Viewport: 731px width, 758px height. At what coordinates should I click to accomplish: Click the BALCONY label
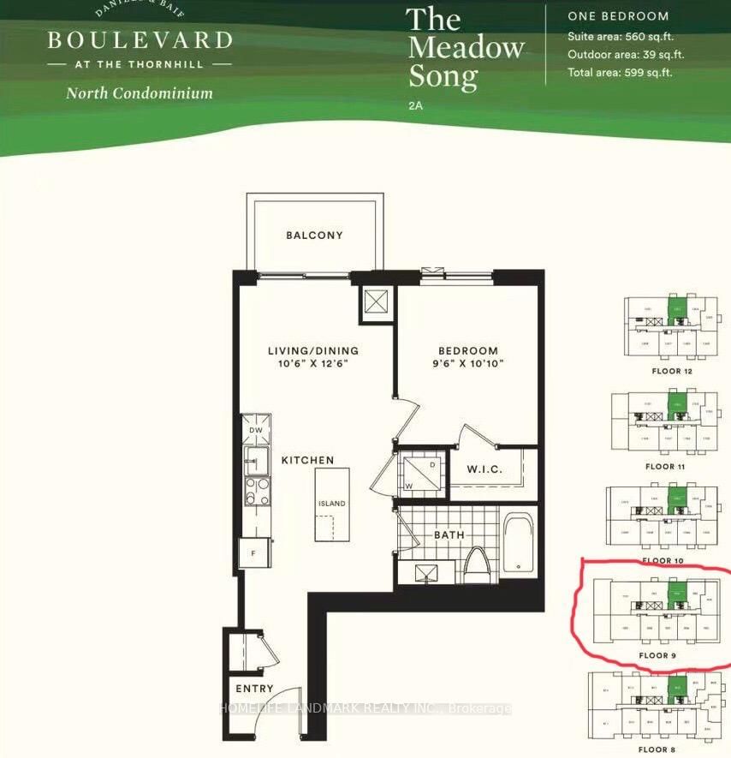(x=314, y=236)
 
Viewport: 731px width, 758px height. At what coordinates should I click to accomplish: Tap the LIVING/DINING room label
(x=312, y=350)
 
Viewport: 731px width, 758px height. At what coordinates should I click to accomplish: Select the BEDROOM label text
(x=467, y=350)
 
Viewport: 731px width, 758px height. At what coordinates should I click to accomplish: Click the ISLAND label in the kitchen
(x=332, y=504)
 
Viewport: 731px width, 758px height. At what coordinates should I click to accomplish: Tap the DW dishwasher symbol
(x=256, y=430)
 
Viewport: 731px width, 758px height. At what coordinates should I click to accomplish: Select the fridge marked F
(x=254, y=553)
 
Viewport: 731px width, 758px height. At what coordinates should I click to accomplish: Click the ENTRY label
(x=254, y=689)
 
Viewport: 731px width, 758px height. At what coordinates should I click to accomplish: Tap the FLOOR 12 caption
(x=671, y=372)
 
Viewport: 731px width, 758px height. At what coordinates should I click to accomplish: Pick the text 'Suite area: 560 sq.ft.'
(x=620, y=37)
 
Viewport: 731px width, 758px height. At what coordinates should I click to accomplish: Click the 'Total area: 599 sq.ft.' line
(x=620, y=72)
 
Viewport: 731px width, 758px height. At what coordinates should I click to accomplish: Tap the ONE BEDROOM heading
(x=618, y=16)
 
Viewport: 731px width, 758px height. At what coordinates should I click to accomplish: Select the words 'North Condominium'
(x=140, y=93)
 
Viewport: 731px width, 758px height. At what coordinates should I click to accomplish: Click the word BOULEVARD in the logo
(x=140, y=40)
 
